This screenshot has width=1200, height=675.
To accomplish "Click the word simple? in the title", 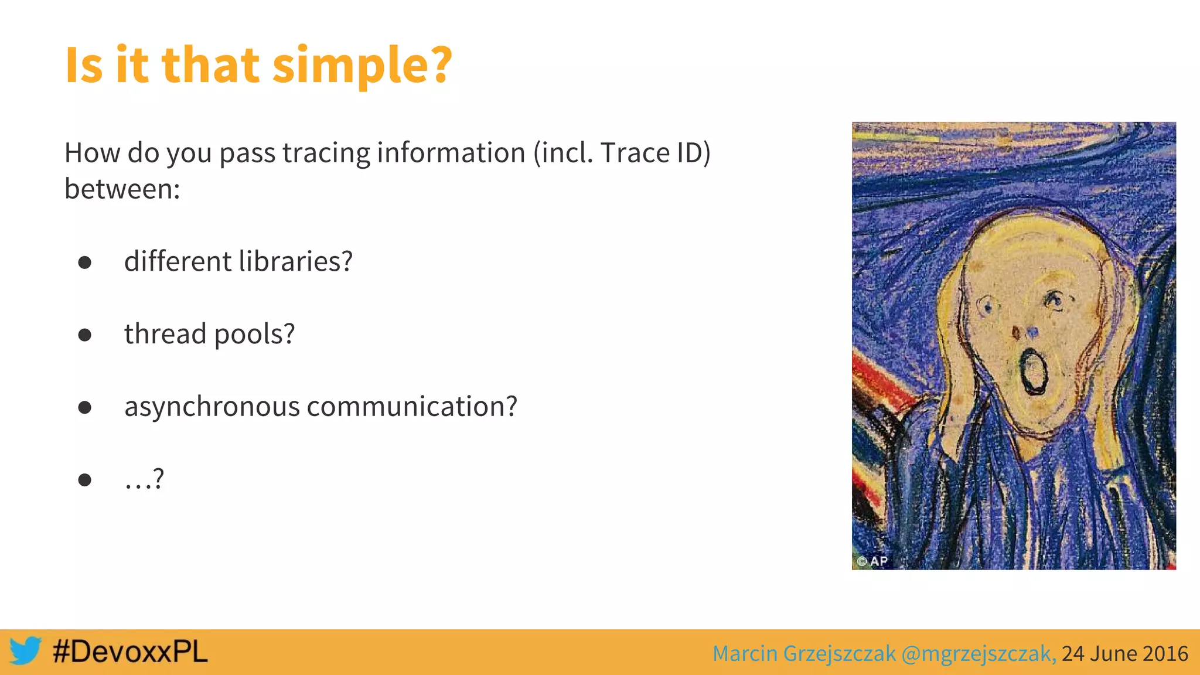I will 362,66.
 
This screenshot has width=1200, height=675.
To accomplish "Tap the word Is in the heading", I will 84,66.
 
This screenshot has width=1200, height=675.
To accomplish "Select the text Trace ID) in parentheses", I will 655,153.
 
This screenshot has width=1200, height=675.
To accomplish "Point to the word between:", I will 122,189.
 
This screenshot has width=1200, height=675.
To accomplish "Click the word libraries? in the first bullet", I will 295,261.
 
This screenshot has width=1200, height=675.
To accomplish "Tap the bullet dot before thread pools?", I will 85,335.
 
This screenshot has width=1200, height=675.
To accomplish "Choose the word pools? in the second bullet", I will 254,335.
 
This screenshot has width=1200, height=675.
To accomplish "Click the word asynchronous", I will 212,407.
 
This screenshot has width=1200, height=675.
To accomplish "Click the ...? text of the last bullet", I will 144,479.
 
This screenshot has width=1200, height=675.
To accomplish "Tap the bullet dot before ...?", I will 85,480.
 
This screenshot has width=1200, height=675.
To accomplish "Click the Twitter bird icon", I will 25,651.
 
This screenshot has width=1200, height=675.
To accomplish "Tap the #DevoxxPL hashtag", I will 130,652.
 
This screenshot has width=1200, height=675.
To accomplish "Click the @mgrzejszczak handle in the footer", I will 979,653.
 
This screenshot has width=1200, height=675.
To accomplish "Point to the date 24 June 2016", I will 1124,653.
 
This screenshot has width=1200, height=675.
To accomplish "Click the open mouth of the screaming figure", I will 1033,371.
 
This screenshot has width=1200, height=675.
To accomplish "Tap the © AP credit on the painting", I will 872,561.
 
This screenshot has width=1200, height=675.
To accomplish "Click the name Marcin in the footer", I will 745,653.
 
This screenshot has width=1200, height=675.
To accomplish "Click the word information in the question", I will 451,153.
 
